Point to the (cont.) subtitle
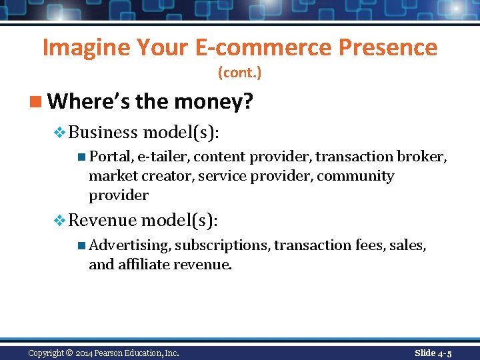[x=239, y=73]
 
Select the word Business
[x=103, y=133]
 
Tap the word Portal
[x=110, y=157]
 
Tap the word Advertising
[x=129, y=245]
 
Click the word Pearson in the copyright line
[x=111, y=353]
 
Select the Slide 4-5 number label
[x=433, y=353]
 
